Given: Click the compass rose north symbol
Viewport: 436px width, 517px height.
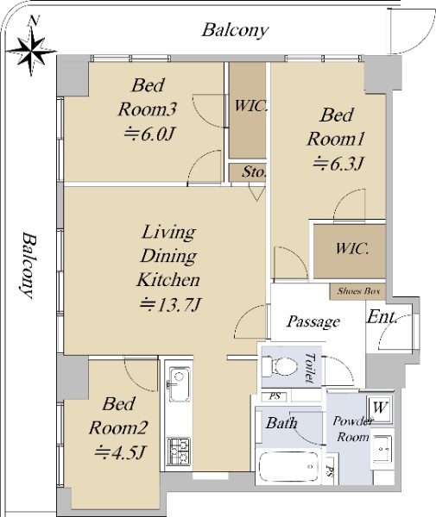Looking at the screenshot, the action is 32,47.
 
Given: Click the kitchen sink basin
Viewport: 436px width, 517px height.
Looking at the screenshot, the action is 180,384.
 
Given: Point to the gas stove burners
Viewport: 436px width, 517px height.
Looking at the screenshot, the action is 179,451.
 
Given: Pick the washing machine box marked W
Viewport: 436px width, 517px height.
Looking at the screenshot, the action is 380,408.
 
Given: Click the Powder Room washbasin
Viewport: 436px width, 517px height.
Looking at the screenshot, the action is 382,449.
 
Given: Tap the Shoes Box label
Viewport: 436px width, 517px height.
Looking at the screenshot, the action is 358,291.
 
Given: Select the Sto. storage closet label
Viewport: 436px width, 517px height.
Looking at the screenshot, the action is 254,171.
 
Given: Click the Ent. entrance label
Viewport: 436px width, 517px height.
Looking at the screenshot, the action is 382,317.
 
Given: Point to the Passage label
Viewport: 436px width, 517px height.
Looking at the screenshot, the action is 313,321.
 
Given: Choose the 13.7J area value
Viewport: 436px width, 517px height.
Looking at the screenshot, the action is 170,305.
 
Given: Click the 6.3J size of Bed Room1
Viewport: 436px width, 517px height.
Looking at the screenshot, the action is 338,163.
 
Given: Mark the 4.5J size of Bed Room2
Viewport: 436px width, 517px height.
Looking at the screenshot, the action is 119,452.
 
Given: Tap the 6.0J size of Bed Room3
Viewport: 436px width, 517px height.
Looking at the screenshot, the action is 148,134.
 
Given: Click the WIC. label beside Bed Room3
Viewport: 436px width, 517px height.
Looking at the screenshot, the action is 250,106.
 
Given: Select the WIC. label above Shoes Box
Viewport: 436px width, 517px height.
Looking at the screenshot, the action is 351,248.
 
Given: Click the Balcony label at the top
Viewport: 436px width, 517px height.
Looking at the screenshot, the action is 235,30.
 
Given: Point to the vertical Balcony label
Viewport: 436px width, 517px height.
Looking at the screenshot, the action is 28,265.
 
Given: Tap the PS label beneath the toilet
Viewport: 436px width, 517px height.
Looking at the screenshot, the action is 275,396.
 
